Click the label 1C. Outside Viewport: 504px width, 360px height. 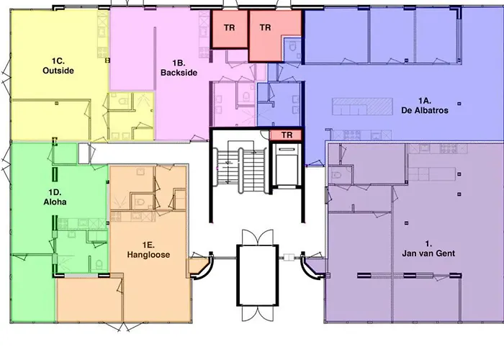pos(58,66)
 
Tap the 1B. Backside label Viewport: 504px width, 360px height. pos(179,68)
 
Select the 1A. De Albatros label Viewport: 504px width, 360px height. pos(424,106)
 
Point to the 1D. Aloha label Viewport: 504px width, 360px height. pos(55,197)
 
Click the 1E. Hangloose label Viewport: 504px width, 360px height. pos(148,250)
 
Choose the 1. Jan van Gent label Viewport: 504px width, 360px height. pos(428,248)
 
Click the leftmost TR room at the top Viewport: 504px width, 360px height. pos(229,30)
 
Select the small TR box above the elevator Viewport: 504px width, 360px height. pos(287,135)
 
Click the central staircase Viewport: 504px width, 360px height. pos(242,166)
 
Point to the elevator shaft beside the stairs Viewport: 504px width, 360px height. pos(286,166)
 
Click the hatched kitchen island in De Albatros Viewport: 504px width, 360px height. pos(362,107)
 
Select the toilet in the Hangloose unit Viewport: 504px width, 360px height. pos(140,202)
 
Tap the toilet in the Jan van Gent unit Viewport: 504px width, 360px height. pos(336,176)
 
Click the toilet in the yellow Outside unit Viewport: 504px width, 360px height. pos(123,101)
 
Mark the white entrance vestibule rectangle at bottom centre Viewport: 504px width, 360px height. pos(258,275)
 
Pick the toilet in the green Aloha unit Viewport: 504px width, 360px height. pos(99,265)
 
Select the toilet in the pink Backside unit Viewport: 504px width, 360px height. pos(246,96)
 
